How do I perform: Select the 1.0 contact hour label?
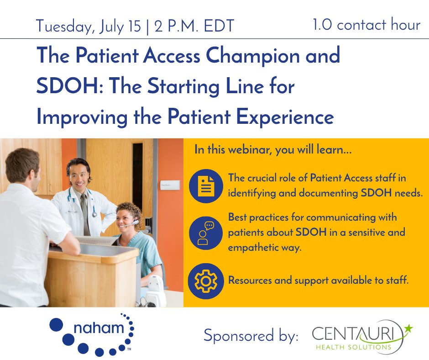(x=366, y=25)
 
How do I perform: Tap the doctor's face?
(x=78, y=175)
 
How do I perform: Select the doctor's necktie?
(x=84, y=208)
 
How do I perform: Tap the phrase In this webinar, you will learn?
(x=272, y=150)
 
